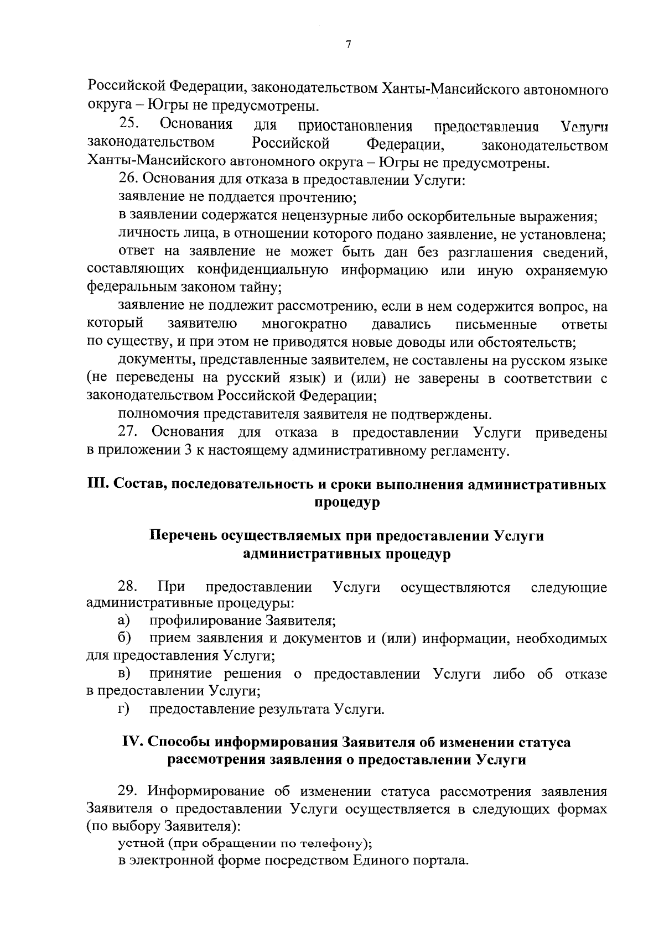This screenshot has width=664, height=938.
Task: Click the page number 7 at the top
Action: click(x=348, y=45)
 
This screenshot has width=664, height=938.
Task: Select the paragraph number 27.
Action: click(x=128, y=432)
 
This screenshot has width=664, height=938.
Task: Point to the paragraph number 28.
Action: click(x=127, y=587)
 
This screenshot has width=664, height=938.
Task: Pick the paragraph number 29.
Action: click(x=128, y=792)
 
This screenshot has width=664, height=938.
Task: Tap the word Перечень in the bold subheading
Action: click(x=183, y=536)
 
